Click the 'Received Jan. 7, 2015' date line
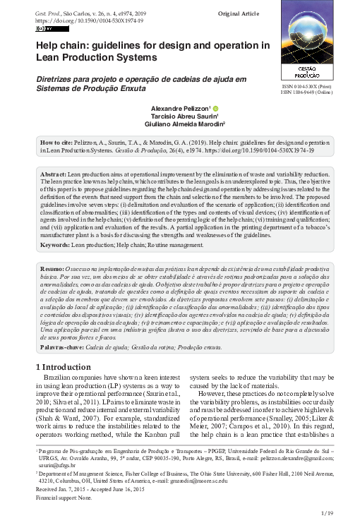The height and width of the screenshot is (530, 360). pyautogui.click(x=68, y=488)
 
